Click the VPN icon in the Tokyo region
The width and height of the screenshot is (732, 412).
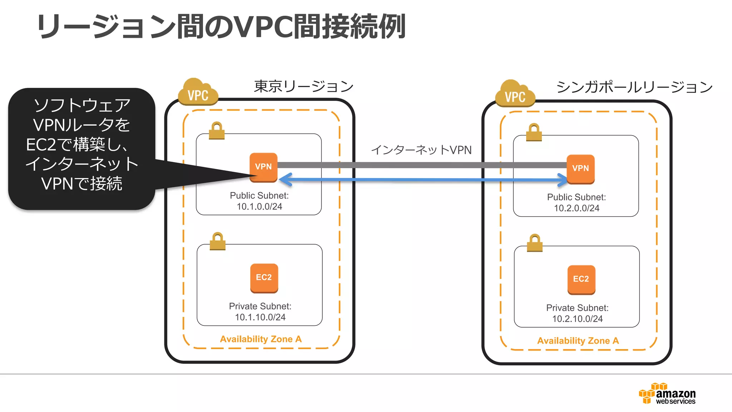pyautogui.click(x=263, y=167)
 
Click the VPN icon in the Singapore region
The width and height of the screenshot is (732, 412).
pyautogui.click(x=580, y=169)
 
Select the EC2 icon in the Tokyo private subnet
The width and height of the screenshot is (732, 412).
pyautogui.click(x=264, y=278)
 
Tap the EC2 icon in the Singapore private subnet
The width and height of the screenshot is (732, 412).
pyautogui.click(x=581, y=279)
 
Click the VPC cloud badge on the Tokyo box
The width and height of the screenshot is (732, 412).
pyautogui.click(x=198, y=93)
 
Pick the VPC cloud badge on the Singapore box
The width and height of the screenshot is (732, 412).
pyautogui.click(x=515, y=95)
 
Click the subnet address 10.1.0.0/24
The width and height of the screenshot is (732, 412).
pyautogui.click(x=259, y=207)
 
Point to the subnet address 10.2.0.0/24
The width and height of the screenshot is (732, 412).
pyautogui.click(x=577, y=208)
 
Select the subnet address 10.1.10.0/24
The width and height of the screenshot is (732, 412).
pyautogui.click(x=260, y=317)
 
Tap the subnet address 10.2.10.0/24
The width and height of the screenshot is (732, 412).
pyautogui.click(x=577, y=319)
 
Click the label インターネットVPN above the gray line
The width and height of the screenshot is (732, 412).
pyautogui.click(x=421, y=150)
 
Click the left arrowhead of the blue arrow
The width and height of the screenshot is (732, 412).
pyautogui.click(x=285, y=180)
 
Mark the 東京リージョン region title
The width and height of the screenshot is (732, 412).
pyautogui.click(x=303, y=87)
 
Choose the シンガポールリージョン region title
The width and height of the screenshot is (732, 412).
pyautogui.click(x=634, y=87)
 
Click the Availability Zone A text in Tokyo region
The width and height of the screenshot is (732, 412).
pyautogui.click(x=261, y=339)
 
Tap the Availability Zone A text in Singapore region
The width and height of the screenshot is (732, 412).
pyautogui.click(x=578, y=341)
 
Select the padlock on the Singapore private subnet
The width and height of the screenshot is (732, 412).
pyautogui.click(x=535, y=243)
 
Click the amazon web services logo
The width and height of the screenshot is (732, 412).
pyautogui.click(x=667, y=394)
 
